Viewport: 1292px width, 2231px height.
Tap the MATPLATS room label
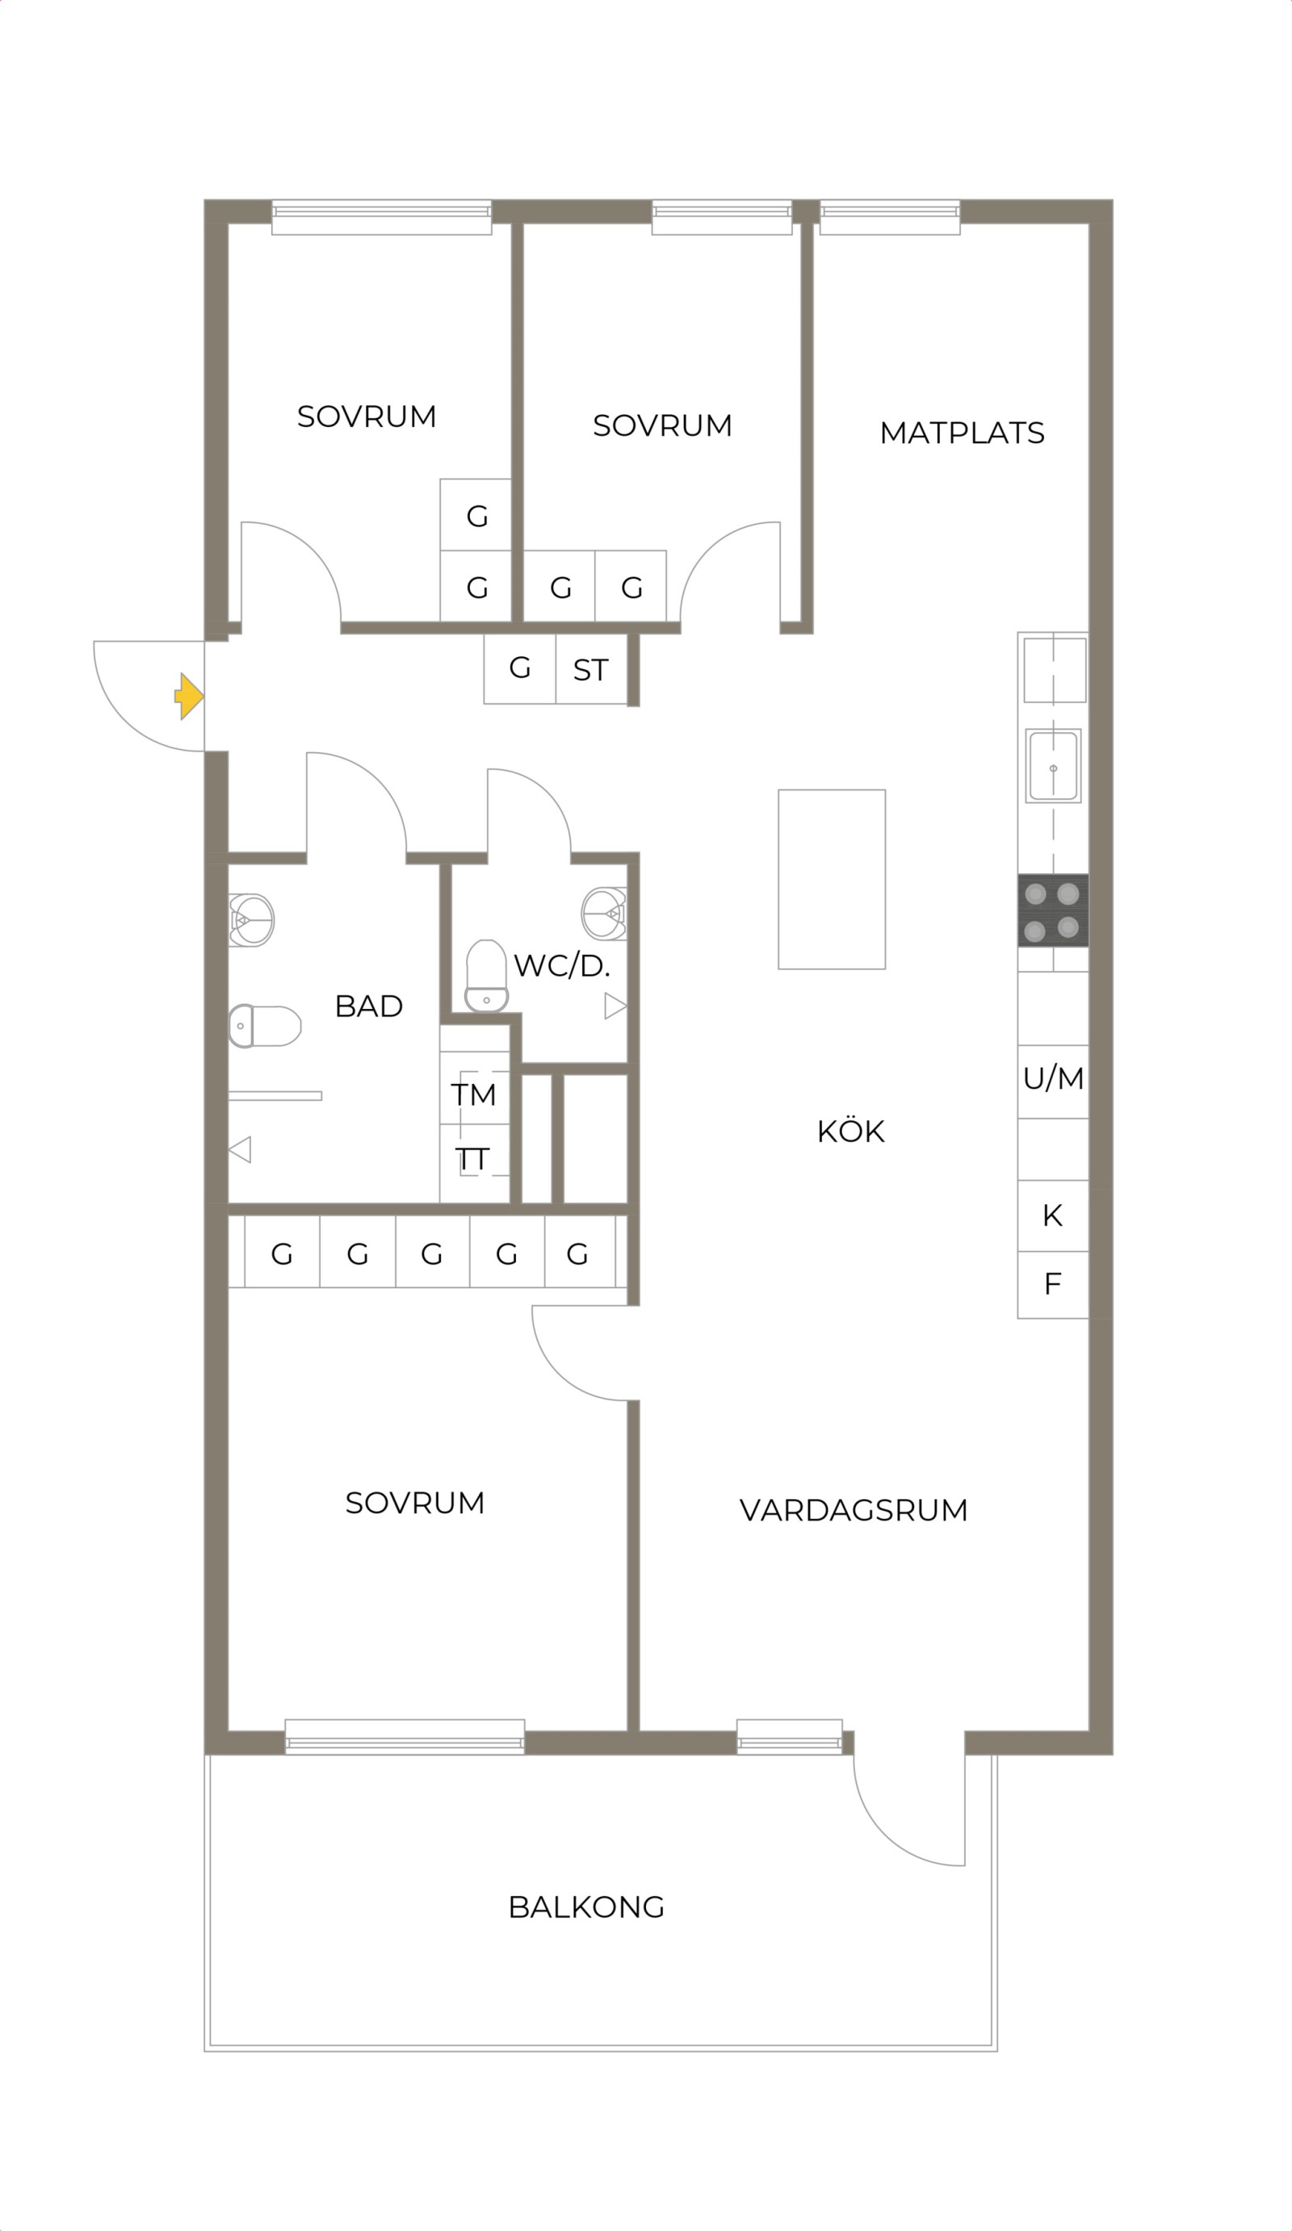point(962,433)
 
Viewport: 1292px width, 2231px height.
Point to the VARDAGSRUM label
point(854,1510)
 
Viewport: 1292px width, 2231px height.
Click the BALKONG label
point(586,1907)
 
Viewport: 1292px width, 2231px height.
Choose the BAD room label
point(368,1006)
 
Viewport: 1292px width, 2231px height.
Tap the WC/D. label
point(561,965)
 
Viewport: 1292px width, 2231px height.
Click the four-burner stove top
point(1052,910)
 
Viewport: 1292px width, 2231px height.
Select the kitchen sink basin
point(1053,766)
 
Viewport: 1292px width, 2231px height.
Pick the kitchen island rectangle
point(832,879)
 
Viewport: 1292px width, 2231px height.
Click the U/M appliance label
point(1053,1078)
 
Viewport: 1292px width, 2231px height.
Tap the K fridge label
point(1052,1216)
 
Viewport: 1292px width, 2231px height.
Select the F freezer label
point(1052,1283)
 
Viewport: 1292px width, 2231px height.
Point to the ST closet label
point(590,670)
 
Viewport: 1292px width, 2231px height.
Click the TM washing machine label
point(473,1095)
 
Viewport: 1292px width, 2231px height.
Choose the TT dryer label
point(472,1159)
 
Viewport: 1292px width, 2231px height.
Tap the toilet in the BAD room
point(265,1026)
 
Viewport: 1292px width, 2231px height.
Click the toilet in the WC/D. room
point(486,976)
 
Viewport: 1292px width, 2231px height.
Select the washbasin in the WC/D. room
point(604,914)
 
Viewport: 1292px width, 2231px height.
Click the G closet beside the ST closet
point(520,668)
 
